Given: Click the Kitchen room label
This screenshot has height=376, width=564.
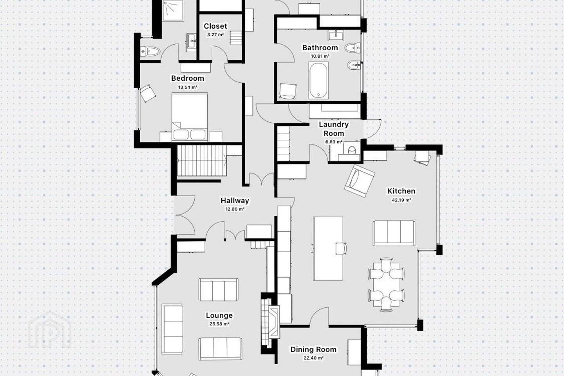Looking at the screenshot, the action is coord(401,191).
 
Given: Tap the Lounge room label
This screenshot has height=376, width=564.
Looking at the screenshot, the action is coord(219,315).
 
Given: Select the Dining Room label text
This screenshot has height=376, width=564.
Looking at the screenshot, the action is coord(313,349).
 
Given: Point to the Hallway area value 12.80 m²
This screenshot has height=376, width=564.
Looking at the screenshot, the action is coord(235,209).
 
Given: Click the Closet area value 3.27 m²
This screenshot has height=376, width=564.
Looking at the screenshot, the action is coord(215,35).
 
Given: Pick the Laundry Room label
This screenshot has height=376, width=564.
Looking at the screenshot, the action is coord(334,129).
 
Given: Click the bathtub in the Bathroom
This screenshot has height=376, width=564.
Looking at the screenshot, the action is coord(318,80).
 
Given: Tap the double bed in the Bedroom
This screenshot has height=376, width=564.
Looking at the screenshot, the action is coord(190,117).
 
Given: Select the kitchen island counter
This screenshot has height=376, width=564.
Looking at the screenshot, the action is coord(328,249).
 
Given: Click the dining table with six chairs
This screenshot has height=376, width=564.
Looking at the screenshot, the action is coord(386,284).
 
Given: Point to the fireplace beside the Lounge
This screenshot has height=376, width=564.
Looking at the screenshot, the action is coord(270,322).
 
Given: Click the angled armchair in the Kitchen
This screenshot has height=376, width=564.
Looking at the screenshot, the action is coord(360,181).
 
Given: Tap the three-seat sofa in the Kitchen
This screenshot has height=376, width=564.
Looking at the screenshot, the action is coord(394,233).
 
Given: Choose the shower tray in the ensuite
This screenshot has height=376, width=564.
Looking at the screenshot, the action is coord(173,10).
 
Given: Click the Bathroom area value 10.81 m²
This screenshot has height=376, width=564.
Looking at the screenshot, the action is coord(320,56).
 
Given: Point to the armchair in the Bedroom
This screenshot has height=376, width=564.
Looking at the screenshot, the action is coord(148,93).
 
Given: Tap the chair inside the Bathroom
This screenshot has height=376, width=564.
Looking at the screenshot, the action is coord(287,91).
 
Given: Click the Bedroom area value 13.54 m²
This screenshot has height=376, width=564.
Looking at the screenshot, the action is coord(188,87).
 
